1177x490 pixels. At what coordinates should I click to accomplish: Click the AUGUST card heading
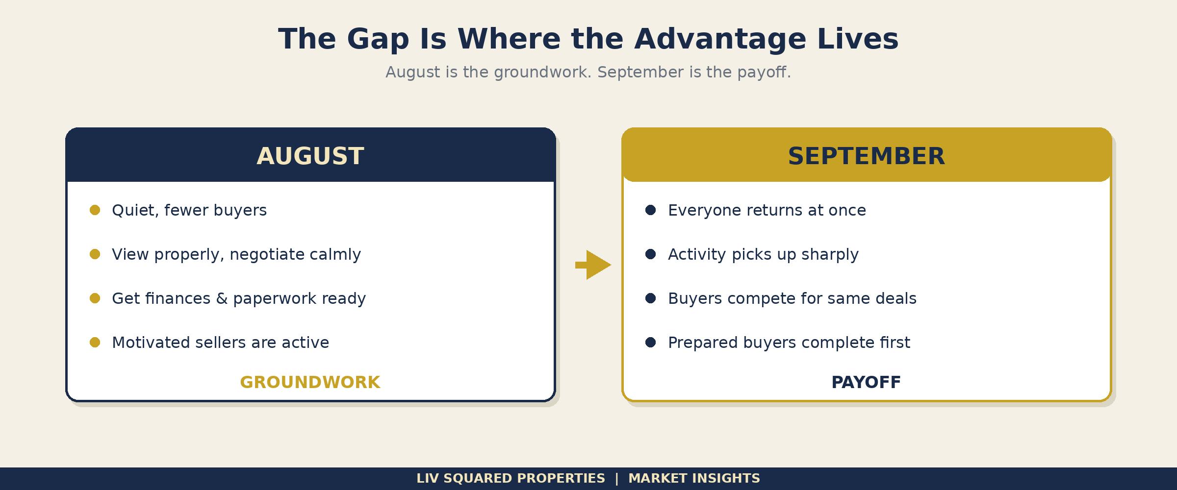click(310, 156)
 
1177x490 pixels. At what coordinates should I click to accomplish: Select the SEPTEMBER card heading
click(866, 156)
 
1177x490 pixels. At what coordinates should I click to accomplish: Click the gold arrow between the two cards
click(593, 265)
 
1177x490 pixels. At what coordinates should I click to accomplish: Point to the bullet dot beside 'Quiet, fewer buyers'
click(95, 210)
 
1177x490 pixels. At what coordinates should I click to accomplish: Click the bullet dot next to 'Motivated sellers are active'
click(95, 343)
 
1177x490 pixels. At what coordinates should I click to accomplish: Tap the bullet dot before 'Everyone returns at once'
click(651, 210)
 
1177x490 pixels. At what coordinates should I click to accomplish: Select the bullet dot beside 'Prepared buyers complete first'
click(651, 343)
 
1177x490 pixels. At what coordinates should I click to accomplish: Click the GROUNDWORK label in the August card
click(310, 382)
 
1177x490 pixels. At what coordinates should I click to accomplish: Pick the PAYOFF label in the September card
click(866, 382)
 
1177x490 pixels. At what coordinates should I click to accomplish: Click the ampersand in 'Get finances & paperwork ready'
click(222, 298)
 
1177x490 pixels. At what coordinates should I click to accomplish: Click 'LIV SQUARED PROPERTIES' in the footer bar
click(511, 478)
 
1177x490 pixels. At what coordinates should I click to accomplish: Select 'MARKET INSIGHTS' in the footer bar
click(694, 478)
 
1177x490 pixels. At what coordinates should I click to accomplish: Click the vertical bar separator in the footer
click(617, 478)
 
